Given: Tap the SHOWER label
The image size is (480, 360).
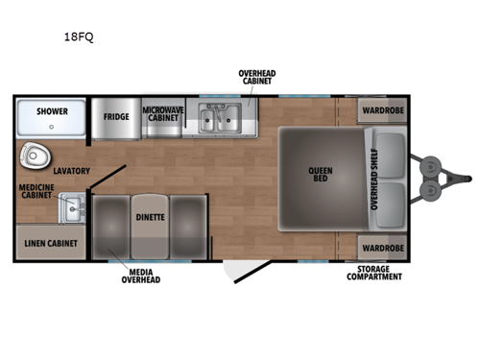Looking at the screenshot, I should [52, 111].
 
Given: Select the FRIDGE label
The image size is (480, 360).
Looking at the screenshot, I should [116, 117].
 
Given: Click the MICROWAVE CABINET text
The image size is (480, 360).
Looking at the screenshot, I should [163, 115].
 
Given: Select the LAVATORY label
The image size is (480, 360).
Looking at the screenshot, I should [71, 171].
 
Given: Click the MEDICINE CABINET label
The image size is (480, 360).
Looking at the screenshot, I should [36, 193].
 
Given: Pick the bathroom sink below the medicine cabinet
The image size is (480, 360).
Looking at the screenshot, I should [70, 204].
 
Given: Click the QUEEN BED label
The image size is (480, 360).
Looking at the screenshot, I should [321, 175].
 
